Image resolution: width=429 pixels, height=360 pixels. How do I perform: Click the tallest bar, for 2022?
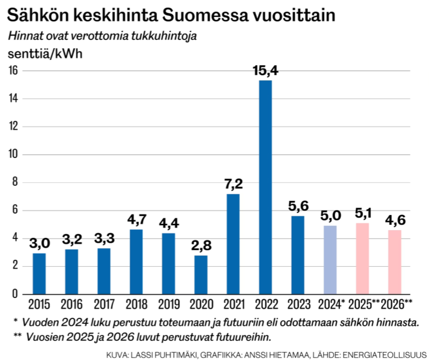266,187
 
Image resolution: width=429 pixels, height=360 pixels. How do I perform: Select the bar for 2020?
201,274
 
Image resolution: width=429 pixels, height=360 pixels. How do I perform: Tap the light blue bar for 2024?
330,260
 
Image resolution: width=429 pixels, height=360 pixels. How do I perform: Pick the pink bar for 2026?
394,262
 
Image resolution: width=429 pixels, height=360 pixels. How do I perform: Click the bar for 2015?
39,273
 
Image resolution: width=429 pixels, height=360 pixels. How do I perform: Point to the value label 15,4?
266,71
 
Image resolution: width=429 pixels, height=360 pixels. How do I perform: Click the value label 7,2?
233,184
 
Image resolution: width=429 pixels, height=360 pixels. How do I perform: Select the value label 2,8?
201,246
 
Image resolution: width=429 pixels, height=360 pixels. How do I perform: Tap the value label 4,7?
136,219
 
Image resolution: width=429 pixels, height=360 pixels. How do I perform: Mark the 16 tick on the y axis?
13,71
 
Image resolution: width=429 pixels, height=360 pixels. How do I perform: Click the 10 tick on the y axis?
13,155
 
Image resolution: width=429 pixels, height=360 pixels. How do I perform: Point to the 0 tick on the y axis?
15,294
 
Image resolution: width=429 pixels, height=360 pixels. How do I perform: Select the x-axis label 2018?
136,305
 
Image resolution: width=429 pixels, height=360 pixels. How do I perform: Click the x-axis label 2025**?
364,305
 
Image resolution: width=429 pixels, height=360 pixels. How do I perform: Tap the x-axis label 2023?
298,305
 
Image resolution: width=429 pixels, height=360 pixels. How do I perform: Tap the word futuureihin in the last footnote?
244,337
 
